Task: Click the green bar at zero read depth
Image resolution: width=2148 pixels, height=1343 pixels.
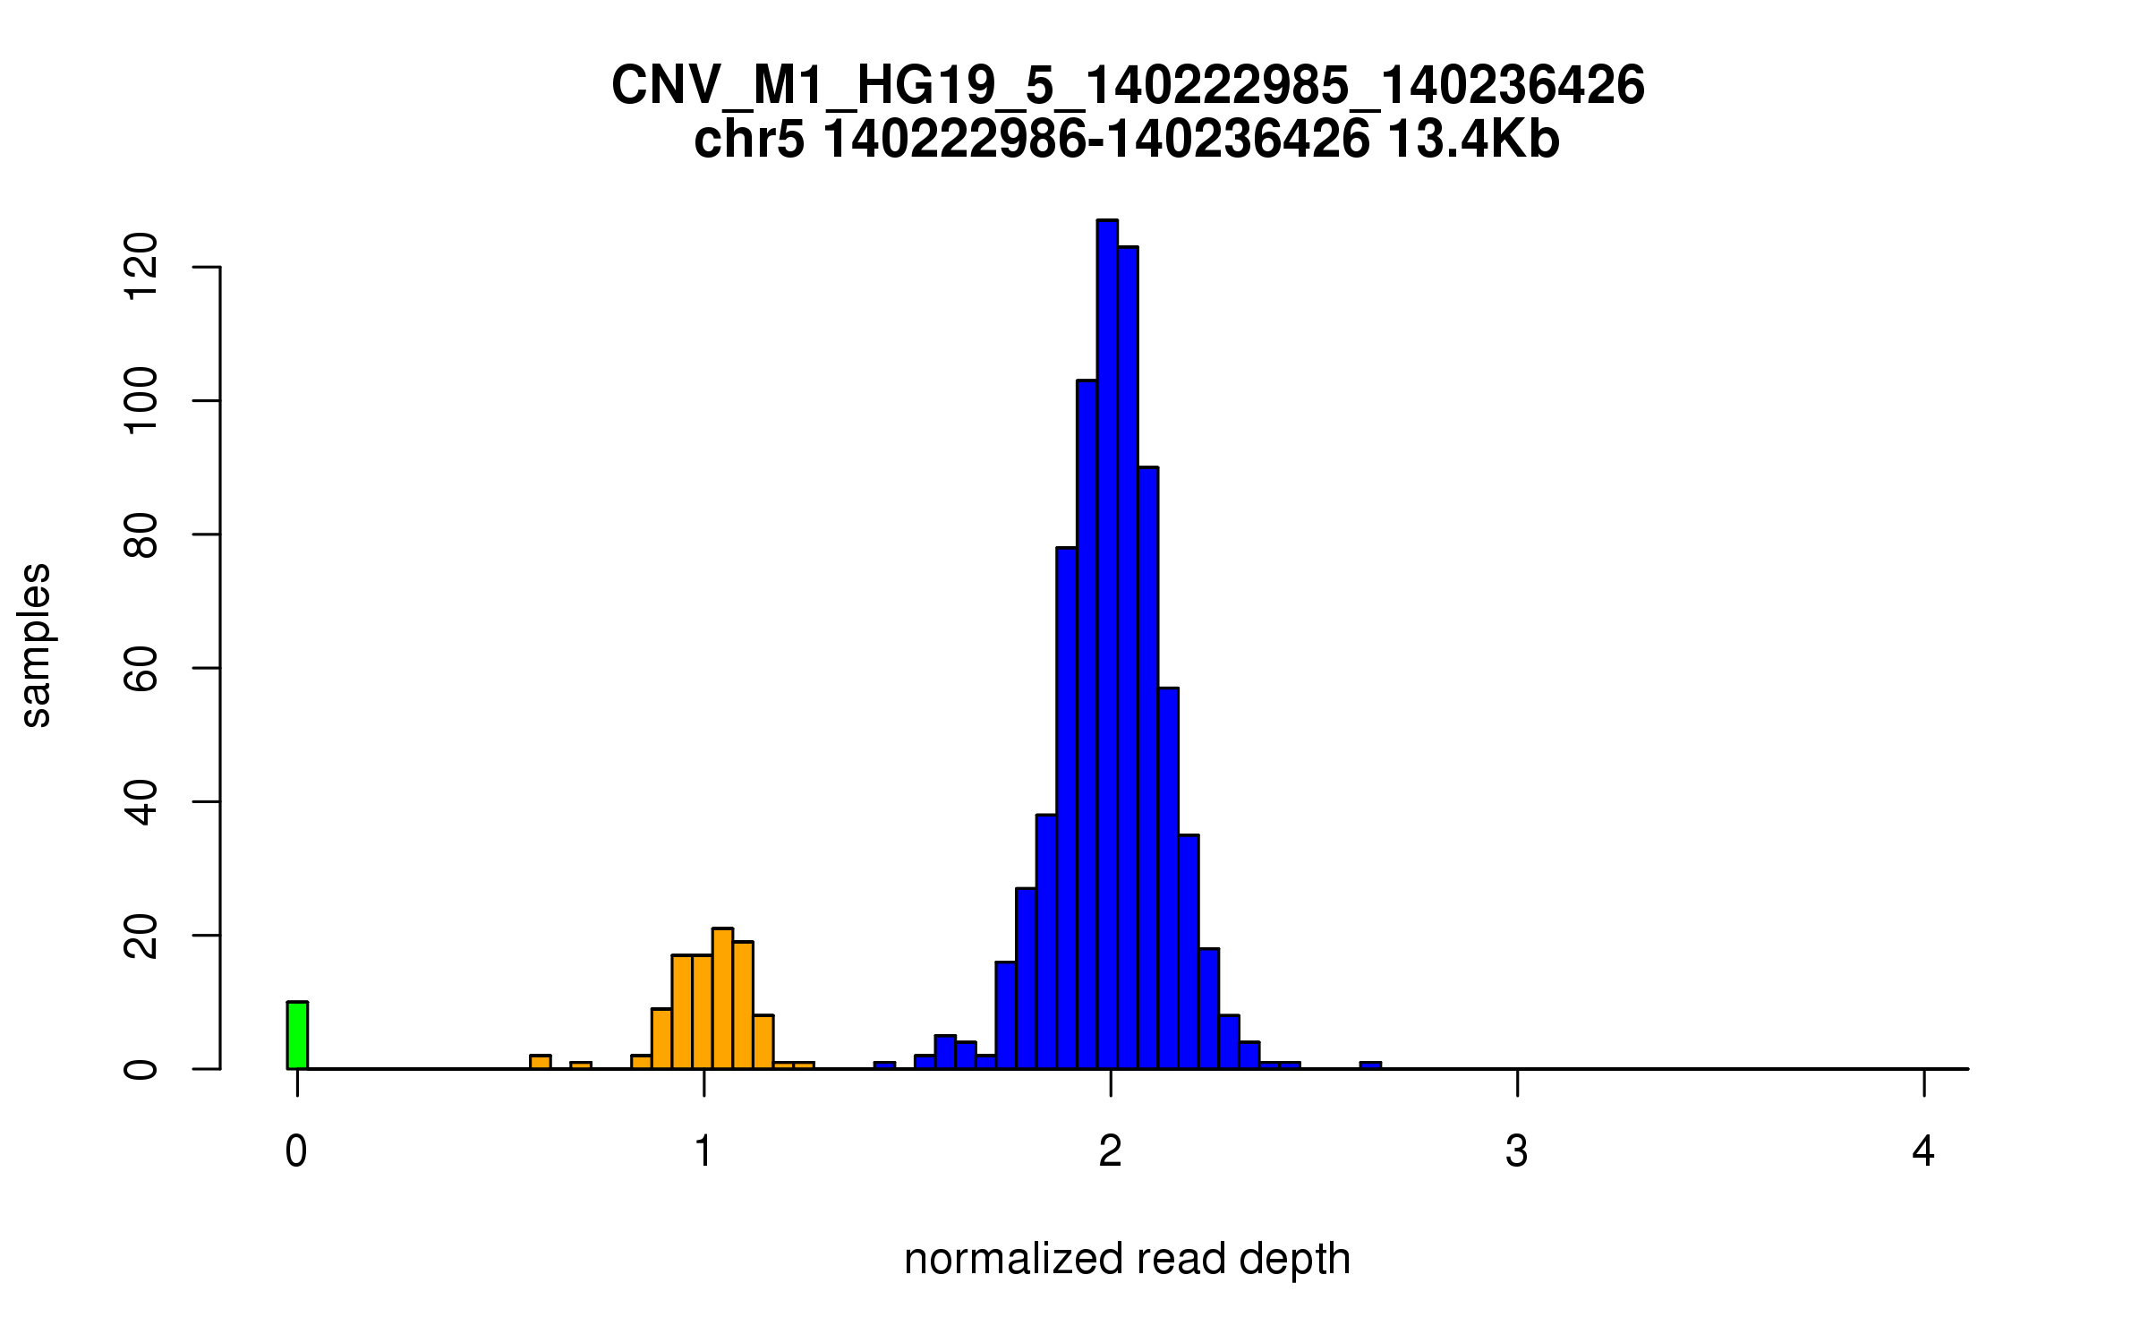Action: click(x=297, y=1035)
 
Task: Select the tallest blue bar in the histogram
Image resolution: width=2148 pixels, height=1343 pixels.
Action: click(x=1107, y=645)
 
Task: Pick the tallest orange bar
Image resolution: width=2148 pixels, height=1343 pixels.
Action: click(x=722, y=998)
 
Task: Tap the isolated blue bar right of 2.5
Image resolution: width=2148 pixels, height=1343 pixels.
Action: click(x=1370, y=1065)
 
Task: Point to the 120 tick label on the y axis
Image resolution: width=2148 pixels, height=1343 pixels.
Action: click(x=141, y=267)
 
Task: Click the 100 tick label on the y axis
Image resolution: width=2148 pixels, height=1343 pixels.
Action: click(x=141, y=400)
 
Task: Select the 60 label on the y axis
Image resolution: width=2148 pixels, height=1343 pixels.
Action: click(x=141, y=668)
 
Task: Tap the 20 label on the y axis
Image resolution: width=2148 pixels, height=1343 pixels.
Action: click(x=141, y=936)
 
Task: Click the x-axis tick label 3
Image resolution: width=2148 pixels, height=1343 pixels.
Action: click(x=1517, y=1151)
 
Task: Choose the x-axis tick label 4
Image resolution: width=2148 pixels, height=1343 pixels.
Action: click(x=1923, y=1151)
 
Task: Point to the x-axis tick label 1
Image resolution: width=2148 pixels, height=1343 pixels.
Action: click(x=704, y=1151)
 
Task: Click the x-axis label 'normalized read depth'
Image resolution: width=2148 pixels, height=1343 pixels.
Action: click(x=1127, y=1259)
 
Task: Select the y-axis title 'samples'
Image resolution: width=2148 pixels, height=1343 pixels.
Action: click(x=36, y=646)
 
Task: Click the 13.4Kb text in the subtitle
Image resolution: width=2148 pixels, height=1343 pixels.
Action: click(x=1473, y=140)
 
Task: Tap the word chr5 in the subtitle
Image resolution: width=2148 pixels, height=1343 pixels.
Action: click(x=748, y=140)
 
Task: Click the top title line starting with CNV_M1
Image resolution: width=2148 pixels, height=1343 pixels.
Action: click(x=1128, y=86)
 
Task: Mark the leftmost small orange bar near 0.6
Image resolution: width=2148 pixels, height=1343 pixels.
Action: click(x=540, y=1062)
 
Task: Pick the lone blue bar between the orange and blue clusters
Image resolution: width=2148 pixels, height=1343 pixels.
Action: click(x=884, y=1065)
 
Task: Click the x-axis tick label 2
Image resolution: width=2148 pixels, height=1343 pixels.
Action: click(x=1111, y=1151)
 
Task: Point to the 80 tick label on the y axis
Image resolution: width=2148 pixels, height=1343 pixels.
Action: click(x=141, y=535)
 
